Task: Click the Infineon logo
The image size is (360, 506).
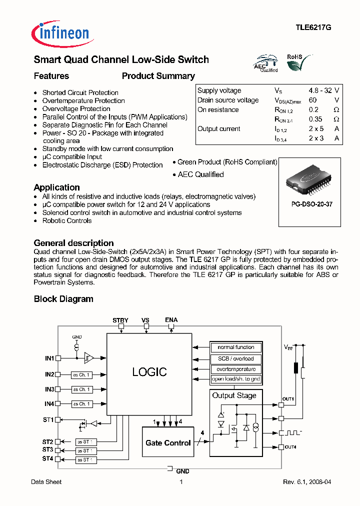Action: [x=60, y=33]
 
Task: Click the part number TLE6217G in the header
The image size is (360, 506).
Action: [x=313, y=28]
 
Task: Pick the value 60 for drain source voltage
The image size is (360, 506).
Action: [x=312, y=100]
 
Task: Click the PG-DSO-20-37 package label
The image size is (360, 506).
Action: [x=305, y=204]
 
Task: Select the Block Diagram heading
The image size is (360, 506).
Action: [x=63, y=299]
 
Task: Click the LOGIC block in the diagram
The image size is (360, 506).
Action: [x=149, y=372]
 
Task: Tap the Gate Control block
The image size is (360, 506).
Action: [x=168, y=443]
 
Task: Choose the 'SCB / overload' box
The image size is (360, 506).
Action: [x=235, y=358]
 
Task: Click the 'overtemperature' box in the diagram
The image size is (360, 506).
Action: [x=235, y=369]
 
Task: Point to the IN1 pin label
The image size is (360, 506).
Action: [x=49, y=358]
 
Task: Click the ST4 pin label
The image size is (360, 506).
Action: [x=47, y=458]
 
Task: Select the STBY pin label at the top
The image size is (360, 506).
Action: [x=120, y=320]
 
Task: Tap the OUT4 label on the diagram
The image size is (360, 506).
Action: [x=290, y=446]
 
